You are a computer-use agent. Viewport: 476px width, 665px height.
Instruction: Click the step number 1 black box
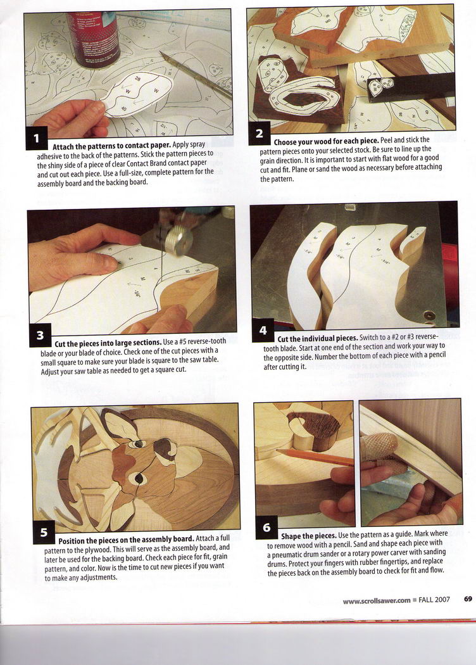(37, 138)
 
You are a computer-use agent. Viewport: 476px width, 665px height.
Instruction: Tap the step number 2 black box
(260, 134)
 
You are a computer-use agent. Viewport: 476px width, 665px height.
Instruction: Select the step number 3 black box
(40, 336)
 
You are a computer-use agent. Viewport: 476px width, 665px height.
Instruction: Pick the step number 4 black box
(263, 331)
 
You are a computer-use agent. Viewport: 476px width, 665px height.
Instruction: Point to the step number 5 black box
(44, 533)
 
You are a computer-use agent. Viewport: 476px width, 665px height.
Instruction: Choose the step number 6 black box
(266, 527)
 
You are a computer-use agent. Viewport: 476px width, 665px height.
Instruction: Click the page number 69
(468, 599)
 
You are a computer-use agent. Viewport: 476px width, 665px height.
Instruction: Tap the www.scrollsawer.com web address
(377, 600)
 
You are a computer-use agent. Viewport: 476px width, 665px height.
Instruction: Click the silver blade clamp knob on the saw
(178, 241)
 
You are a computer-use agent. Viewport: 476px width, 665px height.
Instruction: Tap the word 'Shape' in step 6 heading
(291, 536)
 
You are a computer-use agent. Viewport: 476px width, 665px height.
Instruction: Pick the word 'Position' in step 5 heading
(71, 541)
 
